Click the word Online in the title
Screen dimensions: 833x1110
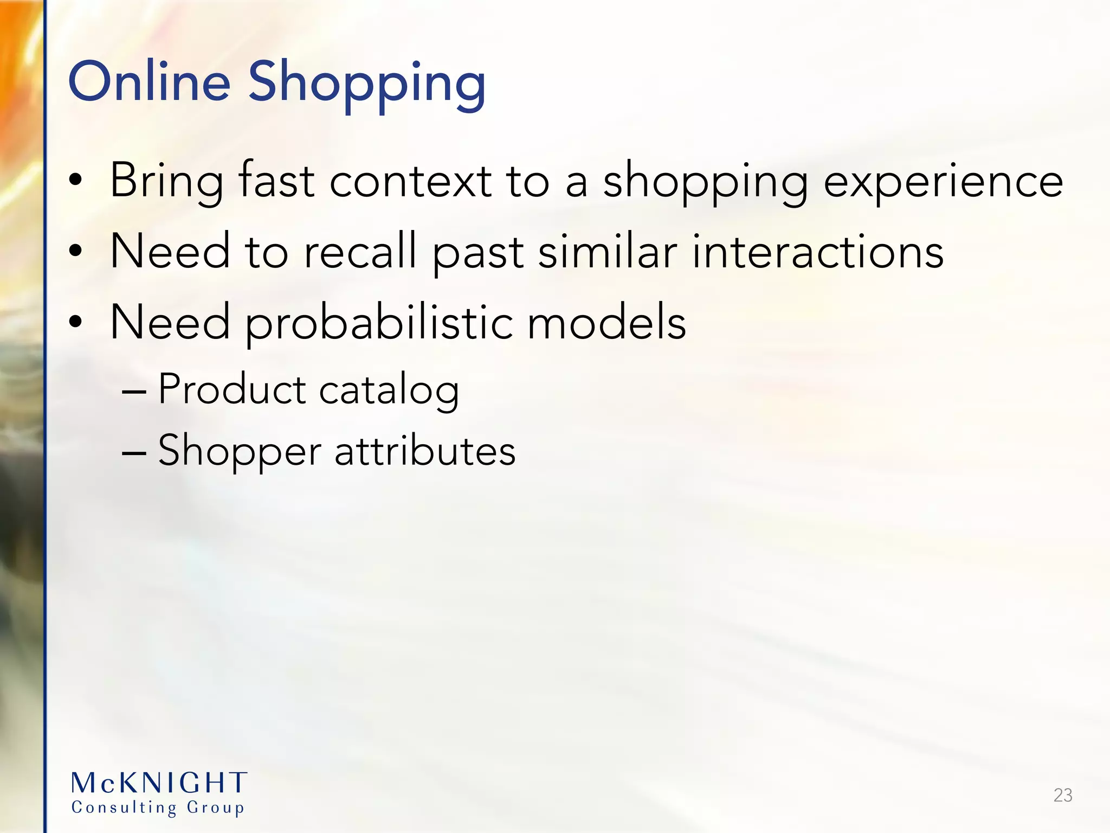pos(149,82)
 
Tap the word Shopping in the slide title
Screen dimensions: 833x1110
pos(367,84)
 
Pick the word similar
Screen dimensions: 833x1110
pos(608,251)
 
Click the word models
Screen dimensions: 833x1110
pos(606,323)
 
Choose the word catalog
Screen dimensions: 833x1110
pos(389,391)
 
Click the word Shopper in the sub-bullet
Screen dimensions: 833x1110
pos(240,452)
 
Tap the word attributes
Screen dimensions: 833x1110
pos(425,451)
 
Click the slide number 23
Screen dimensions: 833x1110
pos(1063,795)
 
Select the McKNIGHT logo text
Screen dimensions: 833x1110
pos(159,783)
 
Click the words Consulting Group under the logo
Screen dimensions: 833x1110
pos(158,808)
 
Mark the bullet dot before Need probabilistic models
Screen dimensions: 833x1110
pos(76,322)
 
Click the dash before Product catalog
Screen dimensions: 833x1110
pos(134,390)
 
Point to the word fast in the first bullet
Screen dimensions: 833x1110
pos(276,181)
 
